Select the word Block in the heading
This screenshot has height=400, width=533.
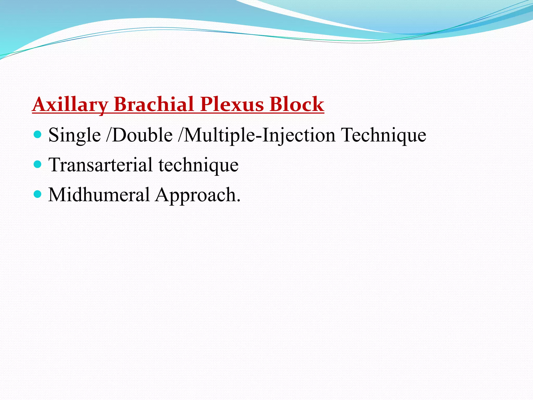pyautogui.click(x=297, y=104)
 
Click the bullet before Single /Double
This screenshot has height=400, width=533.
pyautogui.click(x=38, y=134)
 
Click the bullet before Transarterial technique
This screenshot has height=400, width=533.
pyautogui.click(x=38, y=164)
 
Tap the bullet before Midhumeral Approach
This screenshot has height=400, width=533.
pyautogui.click(x=38, y=194)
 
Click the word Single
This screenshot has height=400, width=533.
pyautogui.click(x=74, y=135)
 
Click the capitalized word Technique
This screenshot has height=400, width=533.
pyautogui.click(x=384, y=135)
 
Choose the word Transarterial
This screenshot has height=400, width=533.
pyautogui.click(x=100, y=165)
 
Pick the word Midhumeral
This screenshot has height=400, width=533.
pyautogui.click(x=99, y=195)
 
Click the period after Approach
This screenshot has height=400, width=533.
pyautogui.click(x=238, y=201)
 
